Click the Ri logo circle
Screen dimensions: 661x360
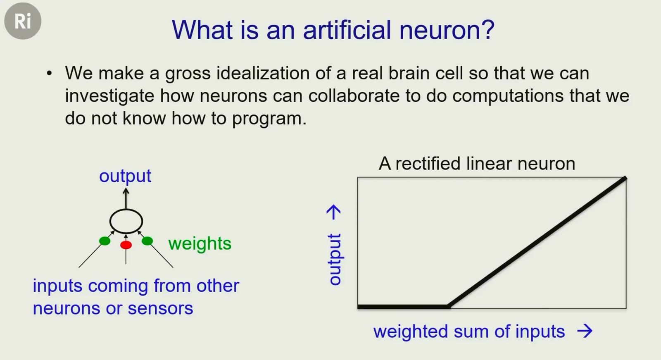[x=23, y=21]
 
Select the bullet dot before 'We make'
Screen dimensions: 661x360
[x=49, y=73]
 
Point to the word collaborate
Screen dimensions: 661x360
[x=354, y=96]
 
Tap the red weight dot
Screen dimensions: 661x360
[x=126, y=245]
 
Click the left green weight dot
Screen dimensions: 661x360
[x=105, y=241]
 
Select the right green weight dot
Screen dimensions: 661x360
[x=147, y=241]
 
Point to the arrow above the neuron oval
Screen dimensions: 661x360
[x=126, y=198]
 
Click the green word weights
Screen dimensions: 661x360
[x=200, y=243]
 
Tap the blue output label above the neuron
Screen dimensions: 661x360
[x=125, y=176]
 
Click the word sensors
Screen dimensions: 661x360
[x=160, y=308]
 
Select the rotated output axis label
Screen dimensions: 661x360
[x=335, y=260]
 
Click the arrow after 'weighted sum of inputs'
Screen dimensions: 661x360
[x=585, y=331]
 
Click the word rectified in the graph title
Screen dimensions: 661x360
[x=428, y=163]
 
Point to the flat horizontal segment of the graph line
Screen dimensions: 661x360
[x=404, y=307]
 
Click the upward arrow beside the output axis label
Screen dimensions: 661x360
[x=334, y=212]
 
